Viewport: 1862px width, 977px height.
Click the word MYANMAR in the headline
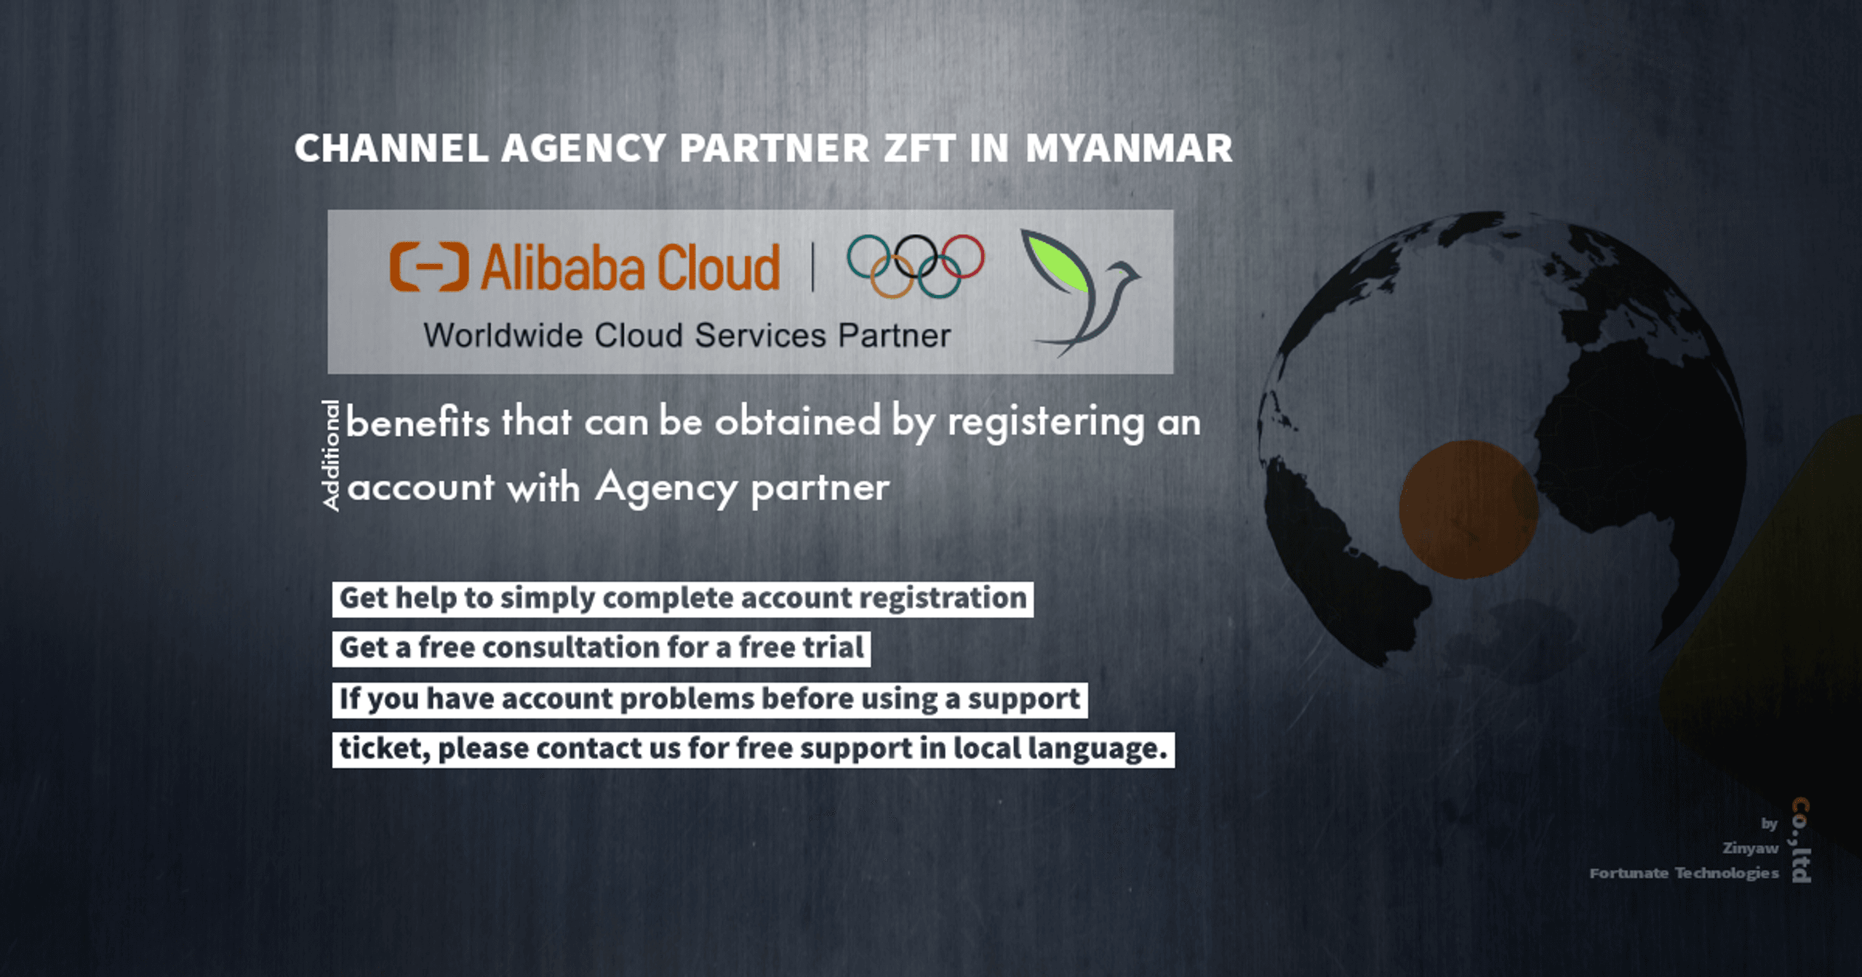point(1129,148)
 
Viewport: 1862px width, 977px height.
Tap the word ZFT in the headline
point(919,148)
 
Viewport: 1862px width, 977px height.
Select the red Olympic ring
point(962,257)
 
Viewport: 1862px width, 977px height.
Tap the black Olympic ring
point(916,257)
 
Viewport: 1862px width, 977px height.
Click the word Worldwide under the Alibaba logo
point(503,336)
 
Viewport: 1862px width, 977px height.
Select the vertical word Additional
point(331,456)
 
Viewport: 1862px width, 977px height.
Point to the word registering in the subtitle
point(1046,423)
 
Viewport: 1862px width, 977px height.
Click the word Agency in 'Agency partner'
point(666,488)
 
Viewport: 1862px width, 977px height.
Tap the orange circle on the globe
point(1469,510)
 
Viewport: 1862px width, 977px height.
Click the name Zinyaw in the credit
point(1750,848)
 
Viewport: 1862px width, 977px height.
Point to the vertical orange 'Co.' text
point(1801,819)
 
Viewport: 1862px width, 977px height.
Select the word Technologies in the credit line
point(1727,873)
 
